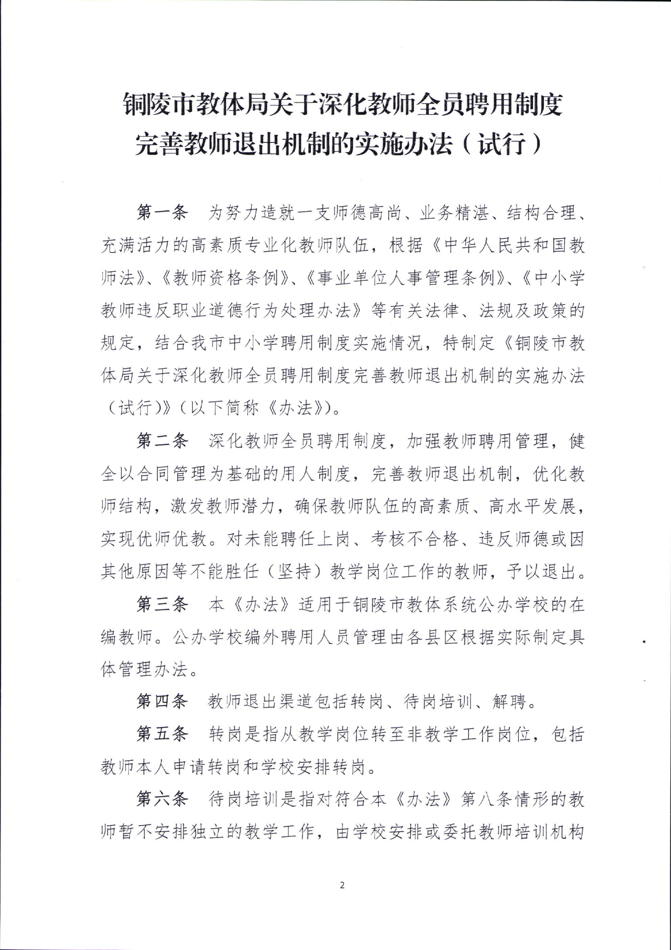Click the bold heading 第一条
click(162, 213)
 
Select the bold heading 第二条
click(162, 442)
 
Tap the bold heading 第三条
click(162, 605)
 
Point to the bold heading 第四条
click(162, 702)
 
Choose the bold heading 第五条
click(162, 734)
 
